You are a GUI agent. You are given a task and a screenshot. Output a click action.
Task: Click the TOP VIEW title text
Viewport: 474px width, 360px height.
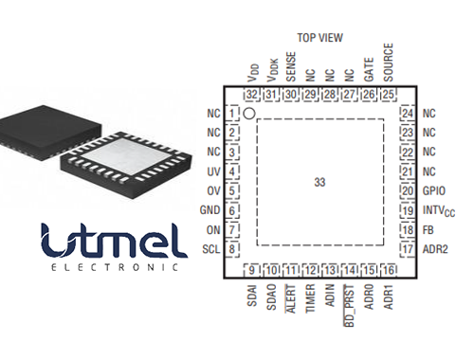click(319, 38)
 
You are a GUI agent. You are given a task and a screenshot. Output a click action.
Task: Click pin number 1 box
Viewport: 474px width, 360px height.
click(231, 113)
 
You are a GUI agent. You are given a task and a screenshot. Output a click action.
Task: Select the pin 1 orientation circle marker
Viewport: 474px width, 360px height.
click(248, 113)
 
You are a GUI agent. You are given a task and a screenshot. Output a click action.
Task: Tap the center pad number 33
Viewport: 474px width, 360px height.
click(319, 180)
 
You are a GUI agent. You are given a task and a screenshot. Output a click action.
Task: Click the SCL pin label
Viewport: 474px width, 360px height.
click(210, 248)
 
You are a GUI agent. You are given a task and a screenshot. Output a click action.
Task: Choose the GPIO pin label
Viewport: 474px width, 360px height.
click(434, 190)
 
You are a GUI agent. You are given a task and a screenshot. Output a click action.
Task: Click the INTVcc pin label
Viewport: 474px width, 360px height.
click(437, 209)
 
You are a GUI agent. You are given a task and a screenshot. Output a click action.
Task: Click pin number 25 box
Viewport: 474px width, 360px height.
click(388, 94)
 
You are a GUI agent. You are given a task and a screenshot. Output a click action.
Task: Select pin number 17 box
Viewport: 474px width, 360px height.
click(408, 248)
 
